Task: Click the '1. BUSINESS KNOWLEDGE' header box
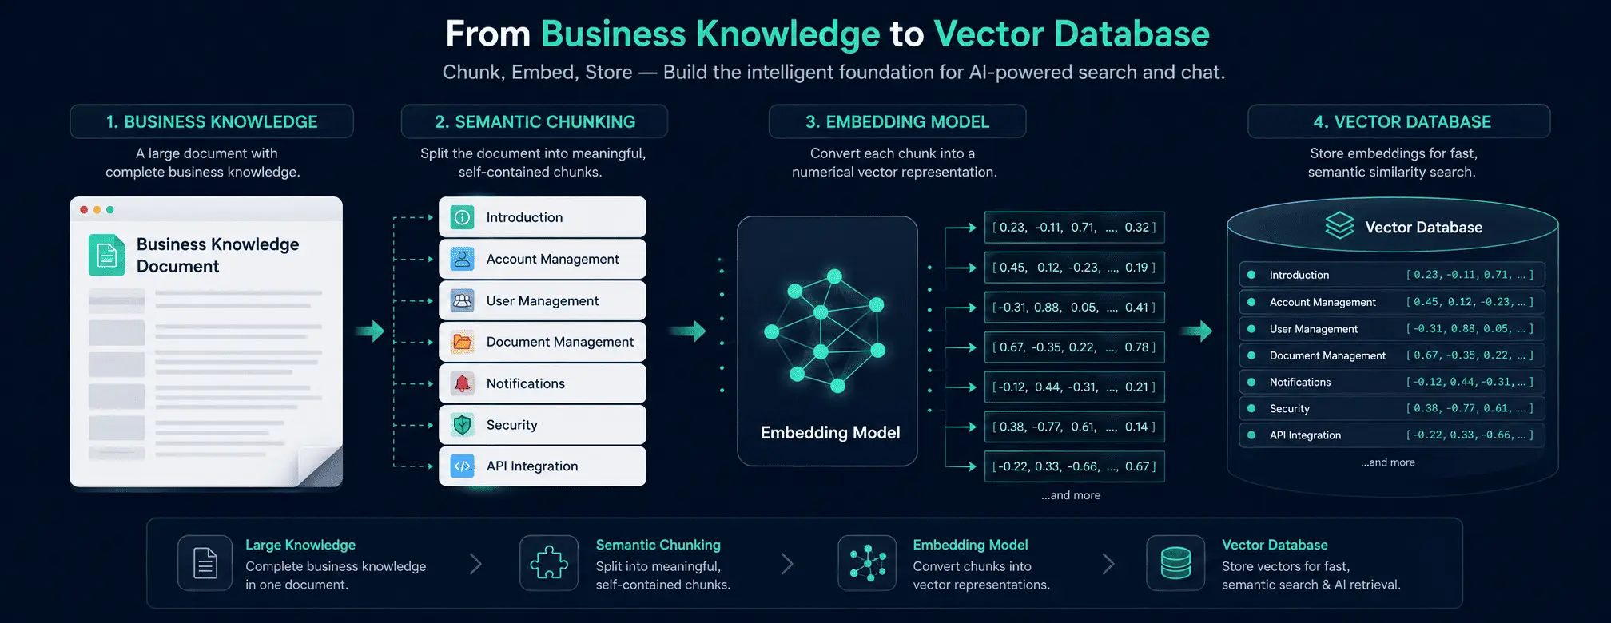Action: click(212, 121)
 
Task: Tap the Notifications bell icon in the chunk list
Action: click(462, 383)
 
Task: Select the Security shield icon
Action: click(462, 425)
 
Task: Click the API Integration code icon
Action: click(462, 466)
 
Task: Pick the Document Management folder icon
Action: click(462, 342)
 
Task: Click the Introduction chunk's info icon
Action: click(462, 217)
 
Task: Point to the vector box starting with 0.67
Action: click(1074, 347)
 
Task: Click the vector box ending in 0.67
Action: click(1074, 466)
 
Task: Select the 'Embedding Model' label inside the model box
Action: click(830, 433)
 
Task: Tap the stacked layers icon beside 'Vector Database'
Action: click(1339, 226)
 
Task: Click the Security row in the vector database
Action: click(1391, 408)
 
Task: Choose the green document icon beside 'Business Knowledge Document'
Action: click(107, 255)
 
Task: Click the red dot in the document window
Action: click(84, 210)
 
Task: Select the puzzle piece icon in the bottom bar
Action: click(549, 563)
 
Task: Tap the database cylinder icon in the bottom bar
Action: click(1175, 563)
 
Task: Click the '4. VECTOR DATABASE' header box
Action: click(1399, 121)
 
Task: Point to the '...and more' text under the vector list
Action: click(1071, 495)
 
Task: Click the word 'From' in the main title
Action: click(487, 34)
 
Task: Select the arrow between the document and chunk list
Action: click(370, 331)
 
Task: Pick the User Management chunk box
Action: click(543, 300)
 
